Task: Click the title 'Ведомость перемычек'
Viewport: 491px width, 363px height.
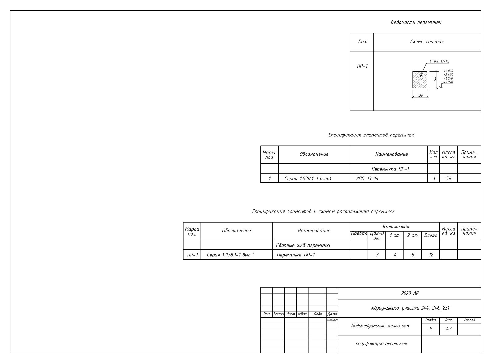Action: pos(416,22)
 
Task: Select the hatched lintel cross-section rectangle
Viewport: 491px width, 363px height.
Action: pos(420,80)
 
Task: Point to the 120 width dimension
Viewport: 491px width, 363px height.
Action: pos(420,96)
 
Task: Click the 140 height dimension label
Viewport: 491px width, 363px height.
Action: pos(435,79)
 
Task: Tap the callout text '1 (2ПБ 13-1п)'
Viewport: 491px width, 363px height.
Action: pos(439,61)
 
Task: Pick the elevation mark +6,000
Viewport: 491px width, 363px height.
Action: pos(448,71)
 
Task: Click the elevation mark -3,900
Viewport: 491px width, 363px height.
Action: pos(448,82)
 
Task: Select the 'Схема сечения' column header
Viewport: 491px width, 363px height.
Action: pos(427,42)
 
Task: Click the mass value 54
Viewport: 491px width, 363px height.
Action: pos(448,178)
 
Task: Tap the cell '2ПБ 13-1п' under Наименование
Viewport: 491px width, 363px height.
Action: pos(367,178)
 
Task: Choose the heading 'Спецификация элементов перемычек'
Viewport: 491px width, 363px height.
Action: pos(371,135)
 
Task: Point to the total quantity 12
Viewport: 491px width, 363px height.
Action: pos(431,255)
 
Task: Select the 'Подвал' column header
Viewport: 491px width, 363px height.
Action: pos(359,233)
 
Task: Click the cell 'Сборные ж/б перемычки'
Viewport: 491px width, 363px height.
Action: pos(304,245)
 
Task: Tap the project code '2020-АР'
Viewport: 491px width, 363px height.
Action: pos(410,293)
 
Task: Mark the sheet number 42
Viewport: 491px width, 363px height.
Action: pos(449,329)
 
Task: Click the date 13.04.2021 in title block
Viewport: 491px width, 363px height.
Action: pos(332,320)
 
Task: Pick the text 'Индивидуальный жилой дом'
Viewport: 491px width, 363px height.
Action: pos(380,326)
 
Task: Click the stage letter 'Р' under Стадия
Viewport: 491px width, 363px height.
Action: pos(431,329)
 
